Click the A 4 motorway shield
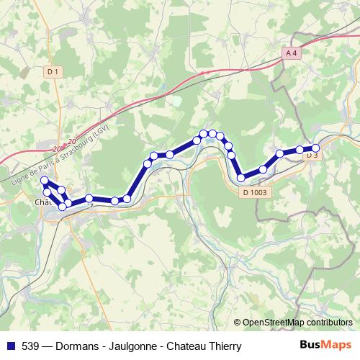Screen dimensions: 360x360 [291, 53]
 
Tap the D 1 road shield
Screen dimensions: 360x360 [51, 71]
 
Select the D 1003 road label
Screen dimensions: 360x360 [255, 192]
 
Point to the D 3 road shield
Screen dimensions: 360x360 [312, 155]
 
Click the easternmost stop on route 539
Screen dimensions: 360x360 [315, 148]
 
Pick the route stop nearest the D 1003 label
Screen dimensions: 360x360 [241, 177]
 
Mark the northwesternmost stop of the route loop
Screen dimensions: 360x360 [44, 180]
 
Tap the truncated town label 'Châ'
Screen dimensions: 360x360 [42, 202]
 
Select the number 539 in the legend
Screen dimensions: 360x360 [30, 346]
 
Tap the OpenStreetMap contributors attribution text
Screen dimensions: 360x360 [295, 323]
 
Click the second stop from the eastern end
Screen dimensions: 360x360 [300, 150]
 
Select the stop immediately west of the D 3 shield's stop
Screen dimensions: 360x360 [300, 150]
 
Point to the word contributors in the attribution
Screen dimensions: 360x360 [328, 323]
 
